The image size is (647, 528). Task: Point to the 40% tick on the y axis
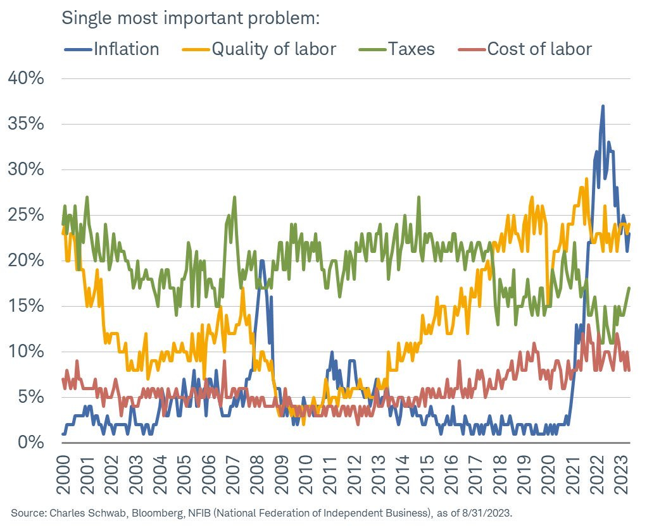[27, 78]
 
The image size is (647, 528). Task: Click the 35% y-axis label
[27, 124]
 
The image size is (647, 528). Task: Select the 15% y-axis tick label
[27, 306]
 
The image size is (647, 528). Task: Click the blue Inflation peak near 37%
[603, 106]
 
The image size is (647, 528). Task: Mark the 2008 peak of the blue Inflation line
[261, 261]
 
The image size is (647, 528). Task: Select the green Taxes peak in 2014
[418, 197]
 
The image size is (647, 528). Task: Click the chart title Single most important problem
[189, 18]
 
